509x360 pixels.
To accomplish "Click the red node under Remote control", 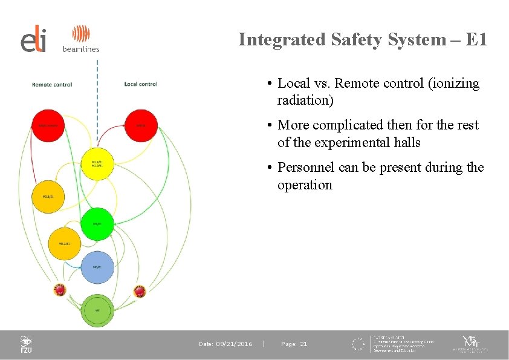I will (48, 126).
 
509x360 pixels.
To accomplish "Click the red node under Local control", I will (140, 125).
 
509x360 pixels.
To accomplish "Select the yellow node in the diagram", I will (97, 164).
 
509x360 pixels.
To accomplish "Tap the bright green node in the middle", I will (97, 224).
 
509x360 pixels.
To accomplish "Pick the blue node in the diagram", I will (97, 267).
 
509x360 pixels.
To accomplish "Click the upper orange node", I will (48, 197).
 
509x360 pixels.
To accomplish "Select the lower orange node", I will (65, 244).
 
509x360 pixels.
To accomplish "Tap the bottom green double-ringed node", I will (97, 310).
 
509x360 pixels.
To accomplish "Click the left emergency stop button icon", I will (60, 290).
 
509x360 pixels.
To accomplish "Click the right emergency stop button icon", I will (140, 291).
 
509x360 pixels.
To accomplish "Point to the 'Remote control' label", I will (52, 84).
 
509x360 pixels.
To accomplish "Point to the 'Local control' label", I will (141, 84).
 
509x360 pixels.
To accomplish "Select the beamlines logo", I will (81, 39).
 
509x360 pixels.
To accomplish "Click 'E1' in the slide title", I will (476, 40).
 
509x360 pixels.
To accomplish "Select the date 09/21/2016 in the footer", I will (235, 344).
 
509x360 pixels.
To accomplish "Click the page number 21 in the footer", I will (303, 344).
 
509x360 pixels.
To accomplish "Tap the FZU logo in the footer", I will (26, 344).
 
